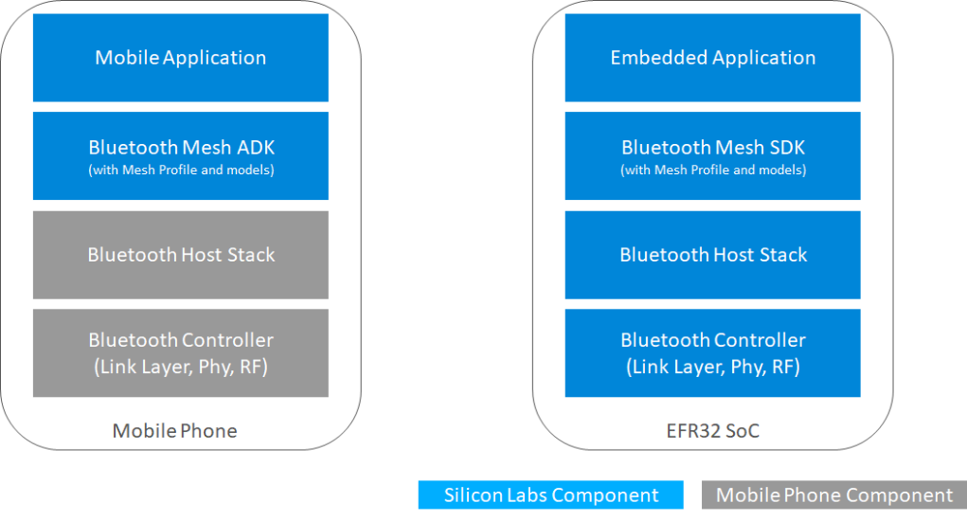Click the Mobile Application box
pos(180,58)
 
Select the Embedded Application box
pos(712,58)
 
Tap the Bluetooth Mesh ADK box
pos(180,156)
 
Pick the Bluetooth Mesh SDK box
pos(712,156)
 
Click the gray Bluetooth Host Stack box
pos(180,255)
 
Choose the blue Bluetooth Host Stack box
pos(712,255)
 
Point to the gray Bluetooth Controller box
pos(180,352)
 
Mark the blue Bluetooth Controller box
pos(712,352)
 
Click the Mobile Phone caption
pos(174,431)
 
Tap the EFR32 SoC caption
pos(712,431)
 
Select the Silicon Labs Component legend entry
pos(550,495)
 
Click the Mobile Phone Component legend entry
pos(833,495)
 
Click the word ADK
pos(256,148)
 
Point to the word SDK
pos(787,148)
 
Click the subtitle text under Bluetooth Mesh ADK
pos(181,171)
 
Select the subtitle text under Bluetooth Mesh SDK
pos(713,171)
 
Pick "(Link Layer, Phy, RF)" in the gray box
pos(181,367)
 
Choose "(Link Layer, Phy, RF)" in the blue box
pos(713,367)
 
